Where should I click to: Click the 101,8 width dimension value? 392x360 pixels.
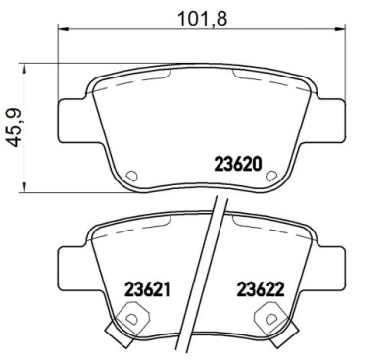[x=202, y=19]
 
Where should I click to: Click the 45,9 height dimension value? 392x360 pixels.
[x=15, y=128]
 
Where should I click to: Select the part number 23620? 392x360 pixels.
[x=238, y=164]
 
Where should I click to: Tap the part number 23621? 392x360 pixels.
[x=148, y=289]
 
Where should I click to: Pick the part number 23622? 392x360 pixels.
[x=261, y=289]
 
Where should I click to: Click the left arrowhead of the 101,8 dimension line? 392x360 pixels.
[x=63, y=29]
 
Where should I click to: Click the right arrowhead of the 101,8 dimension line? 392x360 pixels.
[x=340, y=29]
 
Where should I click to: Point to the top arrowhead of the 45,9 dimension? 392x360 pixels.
[x=24, y=69]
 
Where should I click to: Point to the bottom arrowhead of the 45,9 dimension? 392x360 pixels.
[x=24, y=187]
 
